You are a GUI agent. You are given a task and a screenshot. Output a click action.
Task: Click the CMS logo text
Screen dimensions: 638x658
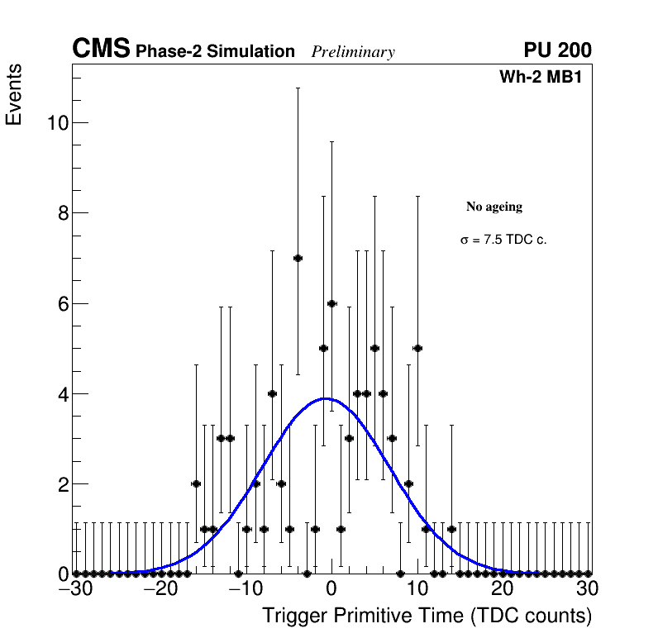point(101,50)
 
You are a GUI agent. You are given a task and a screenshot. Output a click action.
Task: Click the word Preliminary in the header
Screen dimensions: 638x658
point(353,52)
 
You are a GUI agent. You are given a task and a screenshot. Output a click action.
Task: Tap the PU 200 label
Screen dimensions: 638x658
point(557,50)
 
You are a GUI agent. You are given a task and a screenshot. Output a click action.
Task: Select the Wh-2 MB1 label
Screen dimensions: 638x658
point(546,78)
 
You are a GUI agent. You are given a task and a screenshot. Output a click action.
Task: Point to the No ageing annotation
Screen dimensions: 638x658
point(494,207)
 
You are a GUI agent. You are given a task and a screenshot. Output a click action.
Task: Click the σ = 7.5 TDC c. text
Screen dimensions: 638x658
point(503,240)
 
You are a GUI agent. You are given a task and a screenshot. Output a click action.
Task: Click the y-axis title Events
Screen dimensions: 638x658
point(14,95)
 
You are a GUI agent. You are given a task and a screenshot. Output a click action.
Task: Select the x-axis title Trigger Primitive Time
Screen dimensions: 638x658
point(427,616)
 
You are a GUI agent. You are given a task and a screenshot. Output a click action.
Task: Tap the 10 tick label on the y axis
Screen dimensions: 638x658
point(56,123)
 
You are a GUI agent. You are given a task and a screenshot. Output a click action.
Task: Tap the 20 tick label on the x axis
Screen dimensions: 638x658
point(502,589)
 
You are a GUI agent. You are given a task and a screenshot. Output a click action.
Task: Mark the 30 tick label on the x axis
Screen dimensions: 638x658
point(587,589)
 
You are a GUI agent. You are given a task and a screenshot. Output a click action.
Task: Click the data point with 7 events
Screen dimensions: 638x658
point(298,258)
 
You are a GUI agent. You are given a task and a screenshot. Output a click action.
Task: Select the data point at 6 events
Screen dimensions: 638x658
point(331,303)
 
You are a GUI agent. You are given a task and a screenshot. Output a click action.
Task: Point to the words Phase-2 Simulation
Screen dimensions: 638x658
point(215,52)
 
